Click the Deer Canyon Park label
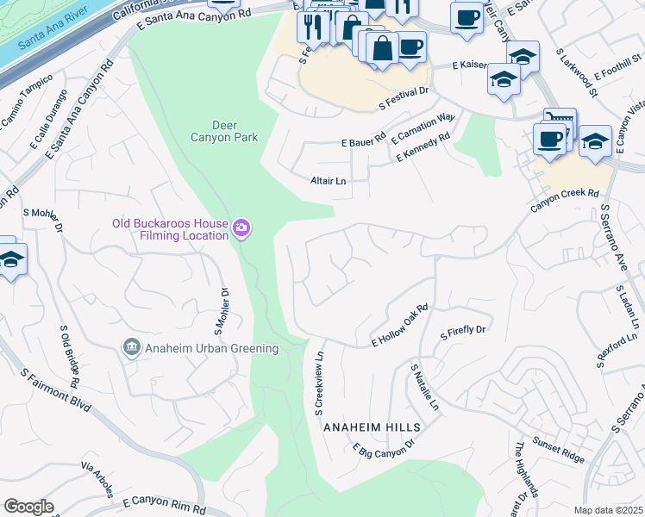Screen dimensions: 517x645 pos(223,130)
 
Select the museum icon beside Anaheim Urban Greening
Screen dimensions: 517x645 pos(132,348)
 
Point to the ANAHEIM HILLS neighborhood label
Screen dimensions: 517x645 pos(372,427)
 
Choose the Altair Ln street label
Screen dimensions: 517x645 pos(328,181)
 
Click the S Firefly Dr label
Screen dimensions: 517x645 pos(463,330)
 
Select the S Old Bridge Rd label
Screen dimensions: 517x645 pos(70,356)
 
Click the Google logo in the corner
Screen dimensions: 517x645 pos(28,507)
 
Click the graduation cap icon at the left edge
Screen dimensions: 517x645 pos(10,259)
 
